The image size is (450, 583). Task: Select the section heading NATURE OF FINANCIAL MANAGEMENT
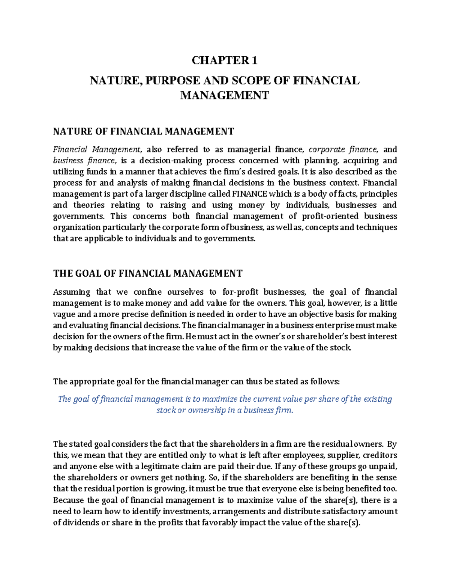pyautogui.click(x=143, y=131)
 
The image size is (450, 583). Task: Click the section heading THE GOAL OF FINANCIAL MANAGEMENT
pyautogui.click(x=148, y=274)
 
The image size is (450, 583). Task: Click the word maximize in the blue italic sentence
pyautogui.click(x=215, y=399)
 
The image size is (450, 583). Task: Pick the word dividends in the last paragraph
pyautogui.click(x=79, y=523)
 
